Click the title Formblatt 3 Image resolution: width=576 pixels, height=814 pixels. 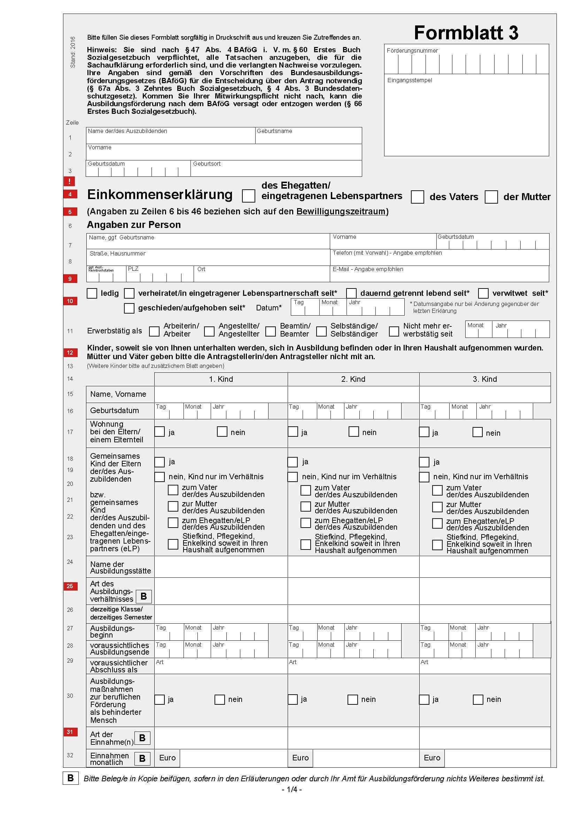point(466,33)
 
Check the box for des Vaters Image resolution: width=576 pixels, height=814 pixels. point(417,197)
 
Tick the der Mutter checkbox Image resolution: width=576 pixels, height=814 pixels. point(491,197)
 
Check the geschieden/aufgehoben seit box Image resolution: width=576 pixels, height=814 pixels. point(129,308)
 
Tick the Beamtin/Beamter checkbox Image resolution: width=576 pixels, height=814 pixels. point(271,331)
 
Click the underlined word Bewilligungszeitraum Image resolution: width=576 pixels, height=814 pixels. point(341,212)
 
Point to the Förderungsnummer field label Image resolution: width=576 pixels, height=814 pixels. point(412,51)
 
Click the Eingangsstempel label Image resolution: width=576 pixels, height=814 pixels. point(410,80)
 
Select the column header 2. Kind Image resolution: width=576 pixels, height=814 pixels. point(353,379)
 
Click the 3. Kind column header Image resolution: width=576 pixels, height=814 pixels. point(484,379)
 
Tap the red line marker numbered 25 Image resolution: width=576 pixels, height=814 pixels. point(70,586)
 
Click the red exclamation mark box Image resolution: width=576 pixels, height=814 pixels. point(70,181)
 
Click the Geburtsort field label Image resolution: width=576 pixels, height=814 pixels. point(207,164)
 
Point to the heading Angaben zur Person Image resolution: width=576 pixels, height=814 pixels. point(134,225)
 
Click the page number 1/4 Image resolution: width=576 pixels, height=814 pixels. point(291,790)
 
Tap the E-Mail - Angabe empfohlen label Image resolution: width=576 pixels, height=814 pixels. point(367,269)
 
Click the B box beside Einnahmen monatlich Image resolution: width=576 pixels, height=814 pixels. point(142,758)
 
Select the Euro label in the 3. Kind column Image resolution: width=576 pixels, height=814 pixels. point(431,758)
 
